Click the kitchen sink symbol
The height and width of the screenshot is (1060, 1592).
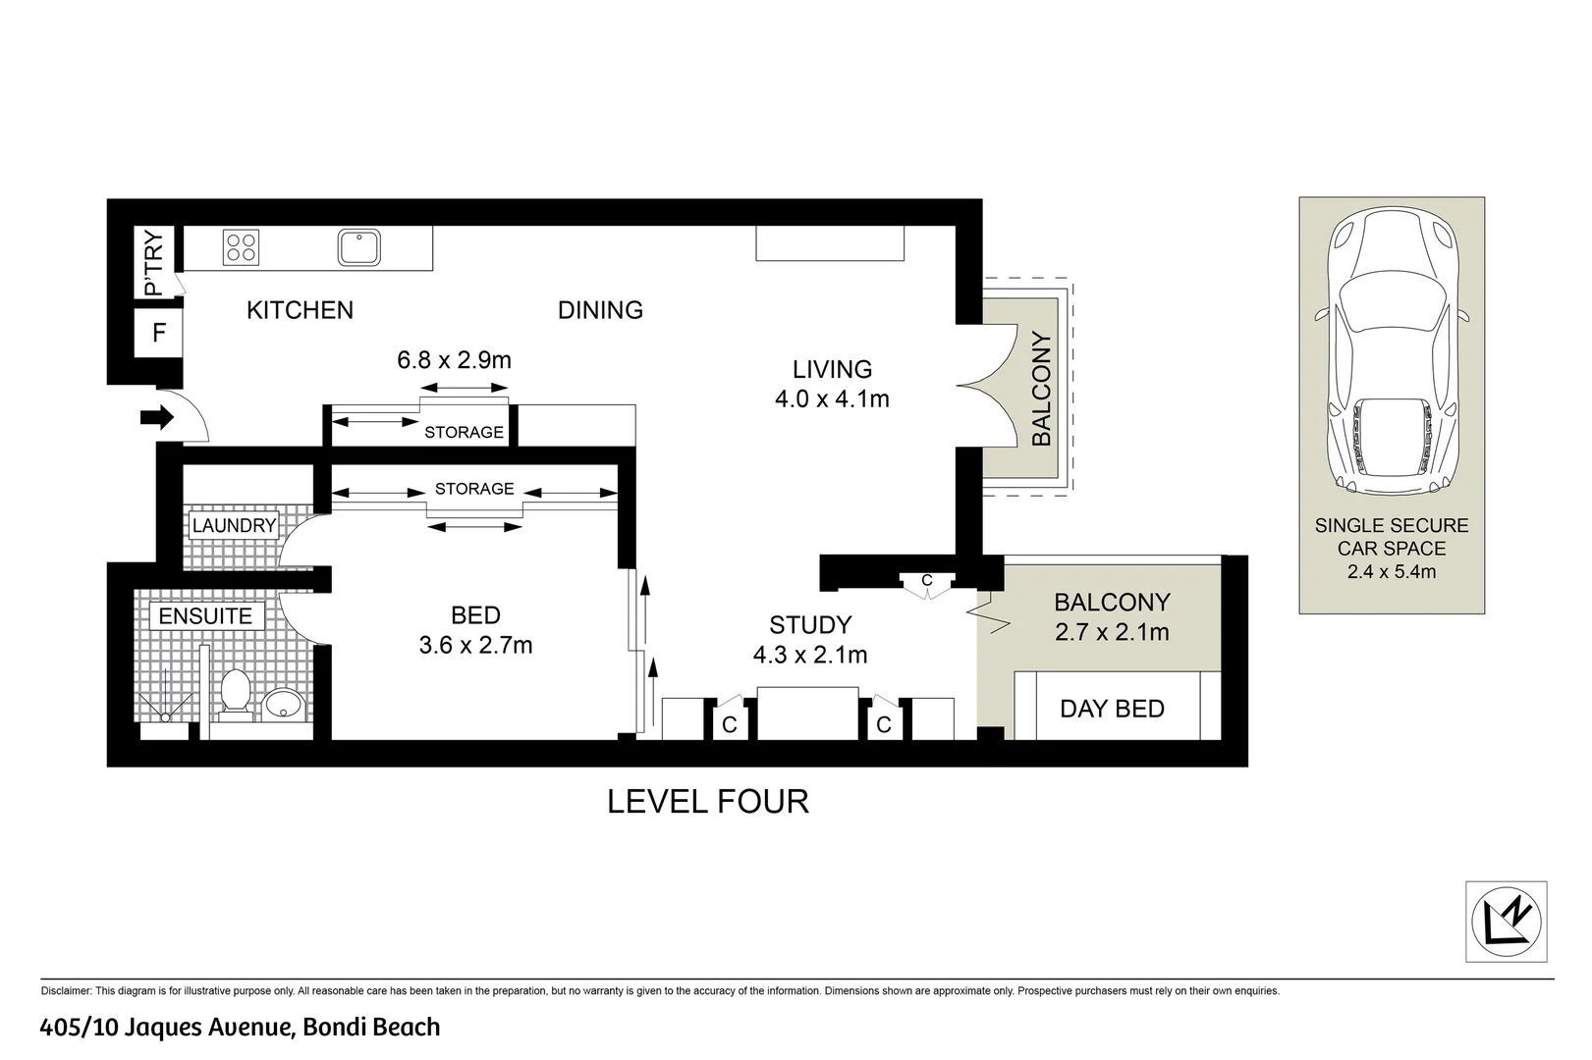(359, 247)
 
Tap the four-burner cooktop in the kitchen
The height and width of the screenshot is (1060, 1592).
(242, 246)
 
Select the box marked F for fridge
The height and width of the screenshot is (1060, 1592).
(159, 334)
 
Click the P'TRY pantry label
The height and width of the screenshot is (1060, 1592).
(154, 262)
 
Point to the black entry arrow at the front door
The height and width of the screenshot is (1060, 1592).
(156, 419)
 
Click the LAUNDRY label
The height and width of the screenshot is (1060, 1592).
(234, 526)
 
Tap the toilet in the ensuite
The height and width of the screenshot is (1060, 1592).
(234, 693)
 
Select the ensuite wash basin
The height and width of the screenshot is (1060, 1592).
(284, 703)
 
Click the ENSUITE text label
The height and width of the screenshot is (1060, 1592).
(205, 616)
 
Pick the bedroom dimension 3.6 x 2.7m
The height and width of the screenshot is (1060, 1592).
(475, 646)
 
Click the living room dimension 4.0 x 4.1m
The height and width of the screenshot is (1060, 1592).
(832, 399)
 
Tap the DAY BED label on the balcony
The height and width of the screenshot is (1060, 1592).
(1112, 709)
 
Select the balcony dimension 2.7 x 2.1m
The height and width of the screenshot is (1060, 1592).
(1112, 632)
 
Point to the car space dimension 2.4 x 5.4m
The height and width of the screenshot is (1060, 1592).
(1392, 571)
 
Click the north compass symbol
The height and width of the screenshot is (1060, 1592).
(1506, 922)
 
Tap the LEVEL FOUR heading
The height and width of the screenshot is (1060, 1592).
(708, 802)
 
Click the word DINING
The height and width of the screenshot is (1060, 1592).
(600, 310)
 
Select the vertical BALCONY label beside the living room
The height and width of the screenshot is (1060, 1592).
(1042, 389)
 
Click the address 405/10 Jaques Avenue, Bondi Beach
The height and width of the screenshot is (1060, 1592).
(240, 1028)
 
